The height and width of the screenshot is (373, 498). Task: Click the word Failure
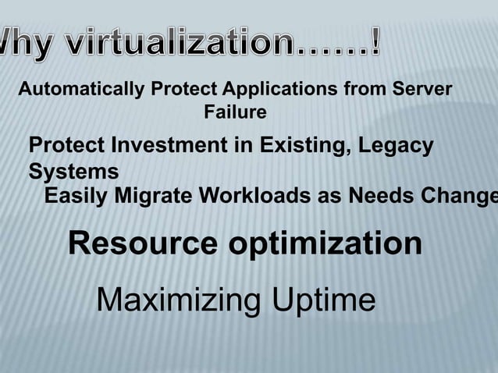pyautogui.click(x=235, y=113)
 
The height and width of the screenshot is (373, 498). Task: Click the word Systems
pyautogui.click(x=74, y=171)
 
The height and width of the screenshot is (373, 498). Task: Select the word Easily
pyautogui.click(x=77, y=197)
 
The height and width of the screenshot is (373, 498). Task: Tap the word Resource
pyautogui.click(x=144, y=244)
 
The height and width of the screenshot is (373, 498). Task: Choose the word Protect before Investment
pyautogui.click(x=66, y=146)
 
